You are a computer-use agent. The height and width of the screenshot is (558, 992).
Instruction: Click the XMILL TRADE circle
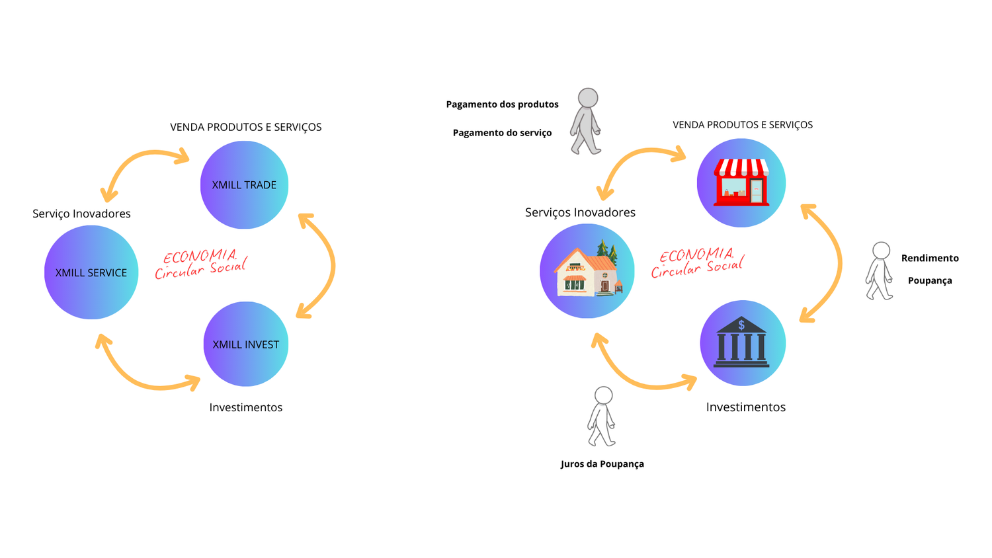[x=244, y=185]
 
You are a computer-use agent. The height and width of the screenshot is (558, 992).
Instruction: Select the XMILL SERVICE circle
[x=91, y=272]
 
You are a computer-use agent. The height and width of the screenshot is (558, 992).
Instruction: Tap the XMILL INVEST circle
[x=245, y=344]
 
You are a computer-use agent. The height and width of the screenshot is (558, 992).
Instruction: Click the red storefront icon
[x=741, y=182]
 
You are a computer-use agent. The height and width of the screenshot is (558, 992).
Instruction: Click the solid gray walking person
[x=586, y=122]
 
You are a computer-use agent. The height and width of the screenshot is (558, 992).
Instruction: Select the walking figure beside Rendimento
[x=880, y=271]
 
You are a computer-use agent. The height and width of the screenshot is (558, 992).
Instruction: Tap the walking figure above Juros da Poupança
[x=602, y=417]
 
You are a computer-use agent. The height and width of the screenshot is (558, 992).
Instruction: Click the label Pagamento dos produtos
[x=502, y=104]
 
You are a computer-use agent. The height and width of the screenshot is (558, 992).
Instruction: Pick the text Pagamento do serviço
[x=502, y=133]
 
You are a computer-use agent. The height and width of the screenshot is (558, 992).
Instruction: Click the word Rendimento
[x=930, y=259]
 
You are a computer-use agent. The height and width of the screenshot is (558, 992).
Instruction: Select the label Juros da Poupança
[x=602, y=464]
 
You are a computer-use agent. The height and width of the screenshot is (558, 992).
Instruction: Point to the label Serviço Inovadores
[x=81, y=214]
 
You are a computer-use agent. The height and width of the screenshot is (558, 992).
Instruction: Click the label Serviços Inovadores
[x=580, y=212]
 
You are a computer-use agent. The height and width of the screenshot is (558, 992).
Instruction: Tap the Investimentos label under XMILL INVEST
[x=245, y=407]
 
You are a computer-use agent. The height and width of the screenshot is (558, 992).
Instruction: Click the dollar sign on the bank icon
[x=741, y=325]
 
